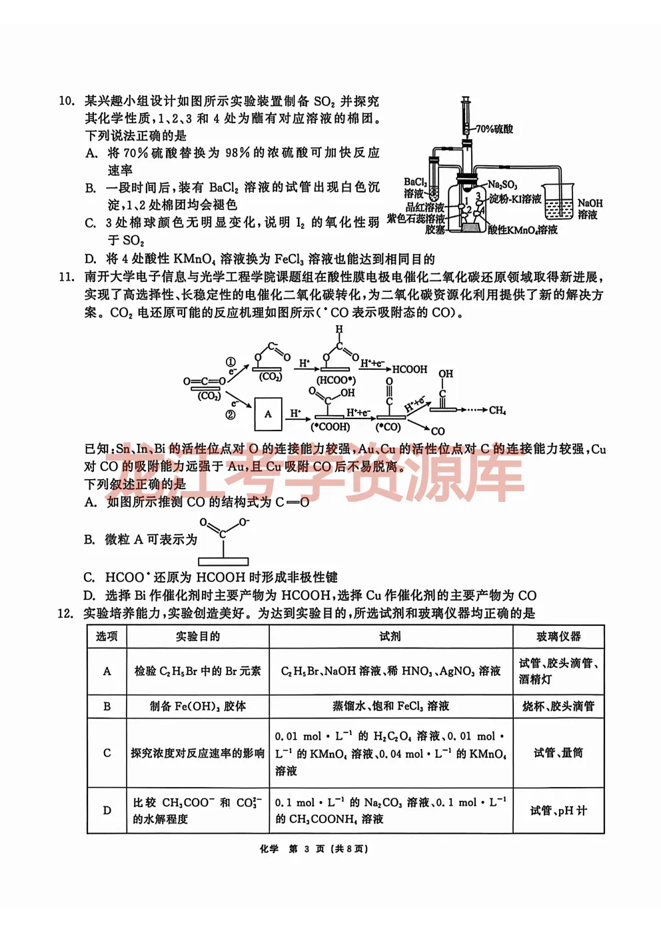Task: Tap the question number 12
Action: tap(65, 613)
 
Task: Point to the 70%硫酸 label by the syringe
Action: tap(494, 129)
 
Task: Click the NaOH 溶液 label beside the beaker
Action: tap(589, 209)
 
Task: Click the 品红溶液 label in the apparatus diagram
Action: tap(424, 207)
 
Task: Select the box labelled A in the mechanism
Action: tap(268, 414)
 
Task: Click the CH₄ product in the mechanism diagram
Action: tap(497, 410)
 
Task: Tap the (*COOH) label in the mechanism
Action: tap(330, 427)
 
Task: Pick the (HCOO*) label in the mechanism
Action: tap(336, 380)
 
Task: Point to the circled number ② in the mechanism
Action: tap(231, 415)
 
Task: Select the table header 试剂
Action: tap(390, 636)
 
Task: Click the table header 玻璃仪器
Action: tap(558, 636)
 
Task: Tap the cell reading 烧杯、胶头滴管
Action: tap(558, 706)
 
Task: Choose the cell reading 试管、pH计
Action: tap(558, 810)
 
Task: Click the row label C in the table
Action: tap(107, 753)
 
